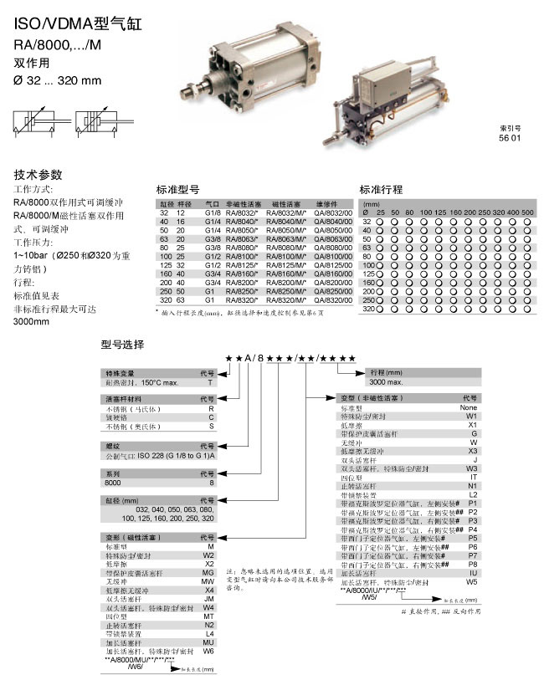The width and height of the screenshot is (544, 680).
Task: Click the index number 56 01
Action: [510, 137]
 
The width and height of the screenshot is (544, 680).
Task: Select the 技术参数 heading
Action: [38, 175]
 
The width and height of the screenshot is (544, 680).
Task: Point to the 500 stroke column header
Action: [526, 212]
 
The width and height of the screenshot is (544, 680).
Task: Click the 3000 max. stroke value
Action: [387, 381]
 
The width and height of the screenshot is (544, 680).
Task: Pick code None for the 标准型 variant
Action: [468, 407]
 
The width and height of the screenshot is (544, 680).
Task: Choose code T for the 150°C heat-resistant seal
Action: [210, 381]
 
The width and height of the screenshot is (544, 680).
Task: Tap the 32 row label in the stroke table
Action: [366, 221]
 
